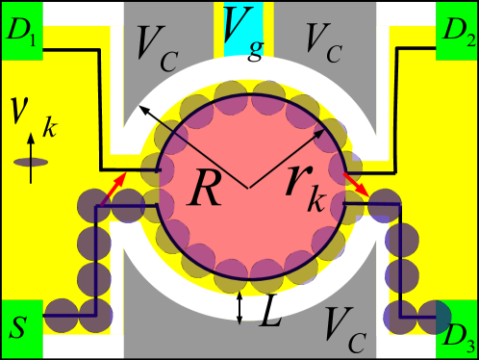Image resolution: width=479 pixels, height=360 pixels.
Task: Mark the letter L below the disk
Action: [x=269, y=313]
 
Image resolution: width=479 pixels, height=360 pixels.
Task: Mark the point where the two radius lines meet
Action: [x=249, y=186]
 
